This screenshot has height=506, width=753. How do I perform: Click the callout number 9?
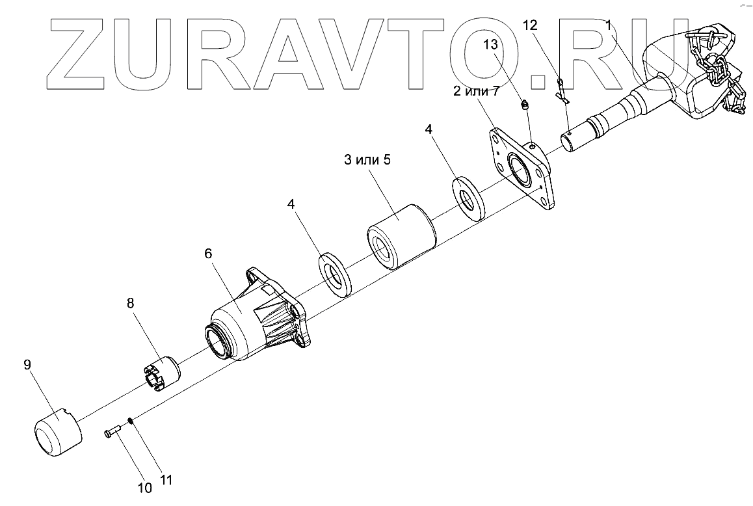coord(27,365)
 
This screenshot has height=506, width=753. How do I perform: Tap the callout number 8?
coord(130,302)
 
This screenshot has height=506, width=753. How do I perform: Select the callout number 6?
coord(208,254)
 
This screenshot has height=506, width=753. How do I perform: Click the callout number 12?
coord(531,25)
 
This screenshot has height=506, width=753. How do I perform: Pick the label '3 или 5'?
coord(368,160)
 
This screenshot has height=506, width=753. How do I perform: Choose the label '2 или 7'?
coord(476,90)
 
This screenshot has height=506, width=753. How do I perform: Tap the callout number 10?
coord(144,487)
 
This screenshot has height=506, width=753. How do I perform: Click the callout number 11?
coord(166,481)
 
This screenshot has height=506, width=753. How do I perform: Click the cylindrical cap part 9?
coord(57,431)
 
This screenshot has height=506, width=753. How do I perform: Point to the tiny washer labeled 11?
coord(131,420)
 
